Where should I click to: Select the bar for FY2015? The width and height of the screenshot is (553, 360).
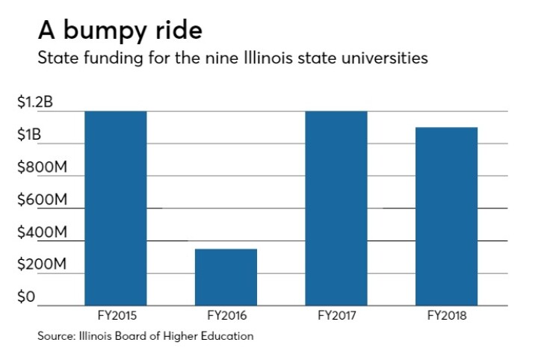coord(115,208)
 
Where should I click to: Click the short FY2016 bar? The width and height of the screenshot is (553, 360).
coord(226,277)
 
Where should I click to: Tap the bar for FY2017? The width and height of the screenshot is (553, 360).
coord(336,208)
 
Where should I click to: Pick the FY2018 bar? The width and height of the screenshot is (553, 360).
coord(446,217)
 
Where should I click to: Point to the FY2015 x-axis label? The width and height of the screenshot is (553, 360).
coord(116,316)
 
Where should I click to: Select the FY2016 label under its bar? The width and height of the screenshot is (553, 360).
coord(226,316)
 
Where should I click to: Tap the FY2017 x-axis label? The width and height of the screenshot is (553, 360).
coord(336,316)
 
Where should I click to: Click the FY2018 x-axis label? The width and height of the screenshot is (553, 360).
coord(446,316)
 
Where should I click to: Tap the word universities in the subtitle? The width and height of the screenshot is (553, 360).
coord(387,58)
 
